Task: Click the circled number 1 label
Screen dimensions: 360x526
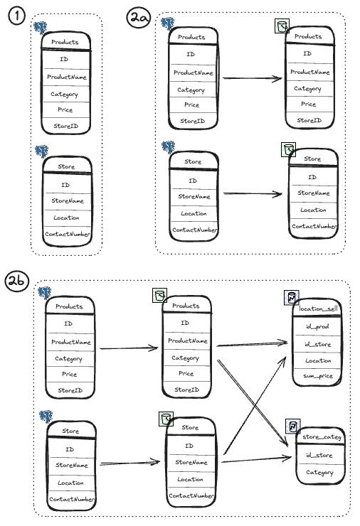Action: click(x=16, y=16)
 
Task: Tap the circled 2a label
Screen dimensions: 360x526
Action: click(x=138, y=18)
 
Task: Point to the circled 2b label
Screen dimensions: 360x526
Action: click(x=16, y=281)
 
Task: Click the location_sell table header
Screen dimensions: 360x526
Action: click(x=318, y=308)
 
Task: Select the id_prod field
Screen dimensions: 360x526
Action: click(x=317, y=326)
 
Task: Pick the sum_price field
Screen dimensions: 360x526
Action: click(x=318, y=376)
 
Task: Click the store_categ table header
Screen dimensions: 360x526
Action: click(x=322, y=436)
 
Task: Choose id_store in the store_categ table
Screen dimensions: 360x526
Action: click(x=319, y=455)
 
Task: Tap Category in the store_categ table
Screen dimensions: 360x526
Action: click(x=319, y=472)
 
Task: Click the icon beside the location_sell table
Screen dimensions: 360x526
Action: click(x=291, y=298)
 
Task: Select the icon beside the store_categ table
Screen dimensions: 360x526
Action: click(x=293, y=426)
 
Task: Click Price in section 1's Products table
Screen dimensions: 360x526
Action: click(x=65, y=109)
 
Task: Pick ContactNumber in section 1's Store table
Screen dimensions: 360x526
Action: click(x=68, y=234)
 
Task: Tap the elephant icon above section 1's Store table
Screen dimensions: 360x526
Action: click(x=42, y=151)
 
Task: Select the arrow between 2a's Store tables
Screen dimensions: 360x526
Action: click(x=253, y=193)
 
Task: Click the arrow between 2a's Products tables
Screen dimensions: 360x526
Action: click(x=252, y=78)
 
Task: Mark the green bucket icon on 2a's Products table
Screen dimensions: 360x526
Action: click(x=282, y=26)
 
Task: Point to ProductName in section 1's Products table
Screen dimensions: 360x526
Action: click(x=66, y=77)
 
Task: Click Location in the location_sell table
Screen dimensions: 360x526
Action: click(x=318, y=360)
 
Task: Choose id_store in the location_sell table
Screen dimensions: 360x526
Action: click(x=318, y=344)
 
